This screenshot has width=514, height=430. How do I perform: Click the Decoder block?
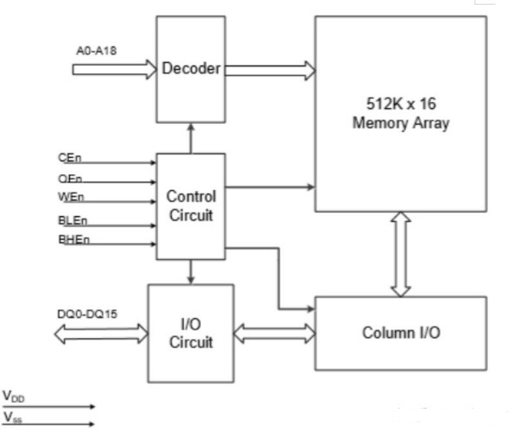(x=190, y=70)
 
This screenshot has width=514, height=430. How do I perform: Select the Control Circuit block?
(x=190, y=206)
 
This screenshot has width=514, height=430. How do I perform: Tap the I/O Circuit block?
(x=190, y=333)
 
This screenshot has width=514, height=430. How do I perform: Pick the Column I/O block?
(x=400, y=333)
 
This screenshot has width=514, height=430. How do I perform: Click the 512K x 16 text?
(x=400, y=103)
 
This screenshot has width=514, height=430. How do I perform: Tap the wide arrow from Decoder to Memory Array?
(x=269, y=69)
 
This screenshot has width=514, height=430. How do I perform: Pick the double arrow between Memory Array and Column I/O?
(x=401, y=254)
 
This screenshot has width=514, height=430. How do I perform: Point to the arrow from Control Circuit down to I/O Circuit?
(x=190, y=271)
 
